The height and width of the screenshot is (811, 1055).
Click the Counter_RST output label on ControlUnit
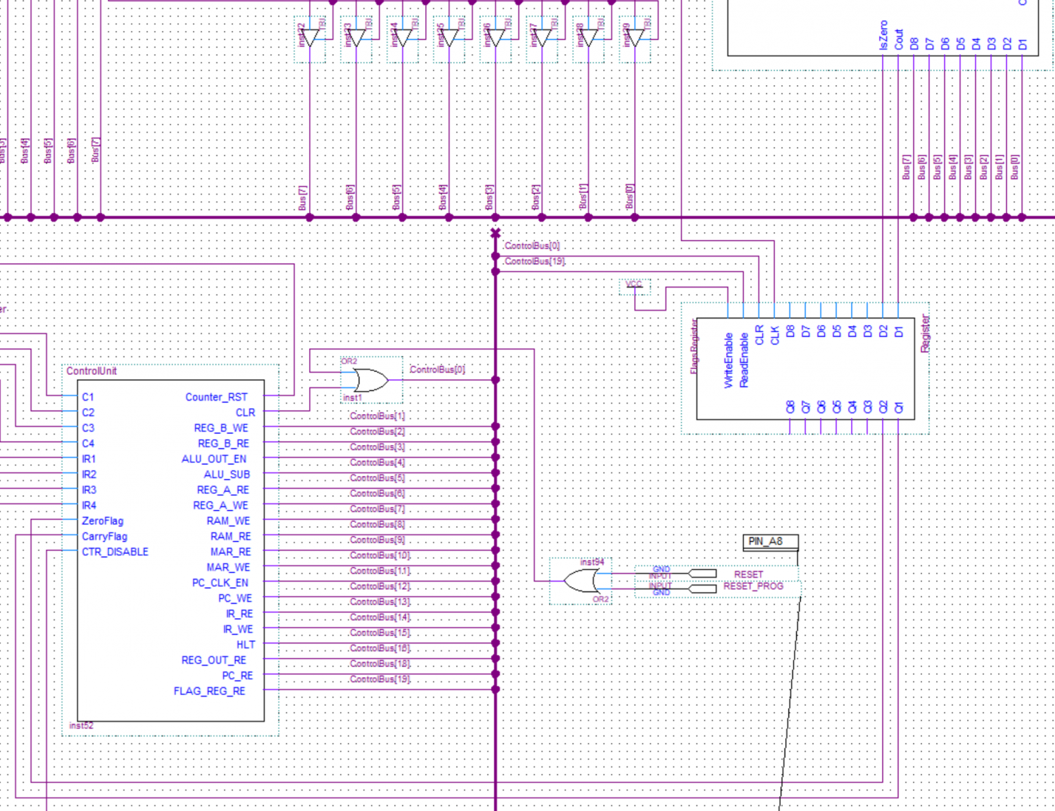tap(216, 397)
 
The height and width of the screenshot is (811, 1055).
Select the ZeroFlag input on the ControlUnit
tap(102, 521)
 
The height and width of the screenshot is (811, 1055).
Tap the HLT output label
tap(245, 645)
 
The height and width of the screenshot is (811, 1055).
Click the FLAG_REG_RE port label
tap(209, 691)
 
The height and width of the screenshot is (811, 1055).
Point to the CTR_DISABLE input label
tap(115, 552)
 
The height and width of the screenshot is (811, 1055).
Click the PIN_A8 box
tap(770, 542)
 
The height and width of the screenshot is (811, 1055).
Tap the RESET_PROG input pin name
tap(753, 586)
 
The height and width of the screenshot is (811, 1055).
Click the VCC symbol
tap(634, 284)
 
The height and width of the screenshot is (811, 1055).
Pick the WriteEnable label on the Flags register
tap(729, 361)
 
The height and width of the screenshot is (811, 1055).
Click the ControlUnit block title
tap(91, 371)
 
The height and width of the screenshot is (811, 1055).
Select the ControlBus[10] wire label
tap(380, 556)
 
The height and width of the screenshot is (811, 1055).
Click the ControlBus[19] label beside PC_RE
tap(380, 679)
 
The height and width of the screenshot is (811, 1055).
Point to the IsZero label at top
tap(883, 35)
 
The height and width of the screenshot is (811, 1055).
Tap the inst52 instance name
tap(81, 725)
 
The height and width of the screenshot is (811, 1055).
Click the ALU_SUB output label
tap(227, 475)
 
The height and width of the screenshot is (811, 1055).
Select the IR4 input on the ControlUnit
tap(89, 505)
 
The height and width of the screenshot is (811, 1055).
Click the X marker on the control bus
tap(495, 233)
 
